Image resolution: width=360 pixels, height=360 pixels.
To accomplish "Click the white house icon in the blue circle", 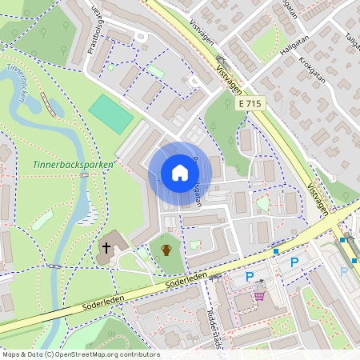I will pyautogui.click(x=179, y=173).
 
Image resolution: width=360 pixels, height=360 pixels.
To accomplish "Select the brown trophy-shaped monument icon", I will pyautogui.click(x=166, y=250).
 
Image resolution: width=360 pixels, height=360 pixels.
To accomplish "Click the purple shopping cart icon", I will pyautogui.click(x=259, y=295).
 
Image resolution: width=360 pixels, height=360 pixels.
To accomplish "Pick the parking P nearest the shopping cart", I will pyautogui.click(x=250, y=277).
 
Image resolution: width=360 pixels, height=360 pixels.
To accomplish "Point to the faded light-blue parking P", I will pyautogui.click(x=344, y=271).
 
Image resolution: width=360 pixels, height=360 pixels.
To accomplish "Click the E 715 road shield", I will pyautogui.click(x=250, y=104).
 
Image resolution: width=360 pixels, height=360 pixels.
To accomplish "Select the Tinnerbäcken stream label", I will pyautogui.click(x=22, y=84).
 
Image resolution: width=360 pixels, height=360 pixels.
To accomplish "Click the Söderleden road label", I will pyautogui.click(x=186, y=279).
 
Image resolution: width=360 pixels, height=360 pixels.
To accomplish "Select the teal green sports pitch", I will pyautogui.click(x=110, y=114).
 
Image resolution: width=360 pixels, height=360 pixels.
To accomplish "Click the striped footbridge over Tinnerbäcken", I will pyautogui.click(x=48, y=103).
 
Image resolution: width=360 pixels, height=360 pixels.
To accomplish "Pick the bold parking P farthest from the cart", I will pyautogui.click(x=294, y=262).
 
